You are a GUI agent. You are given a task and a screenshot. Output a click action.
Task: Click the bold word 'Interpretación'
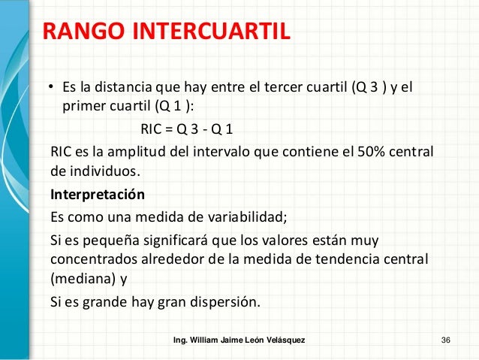pos(97,194)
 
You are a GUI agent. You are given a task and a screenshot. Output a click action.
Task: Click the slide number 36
pos(446,341)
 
